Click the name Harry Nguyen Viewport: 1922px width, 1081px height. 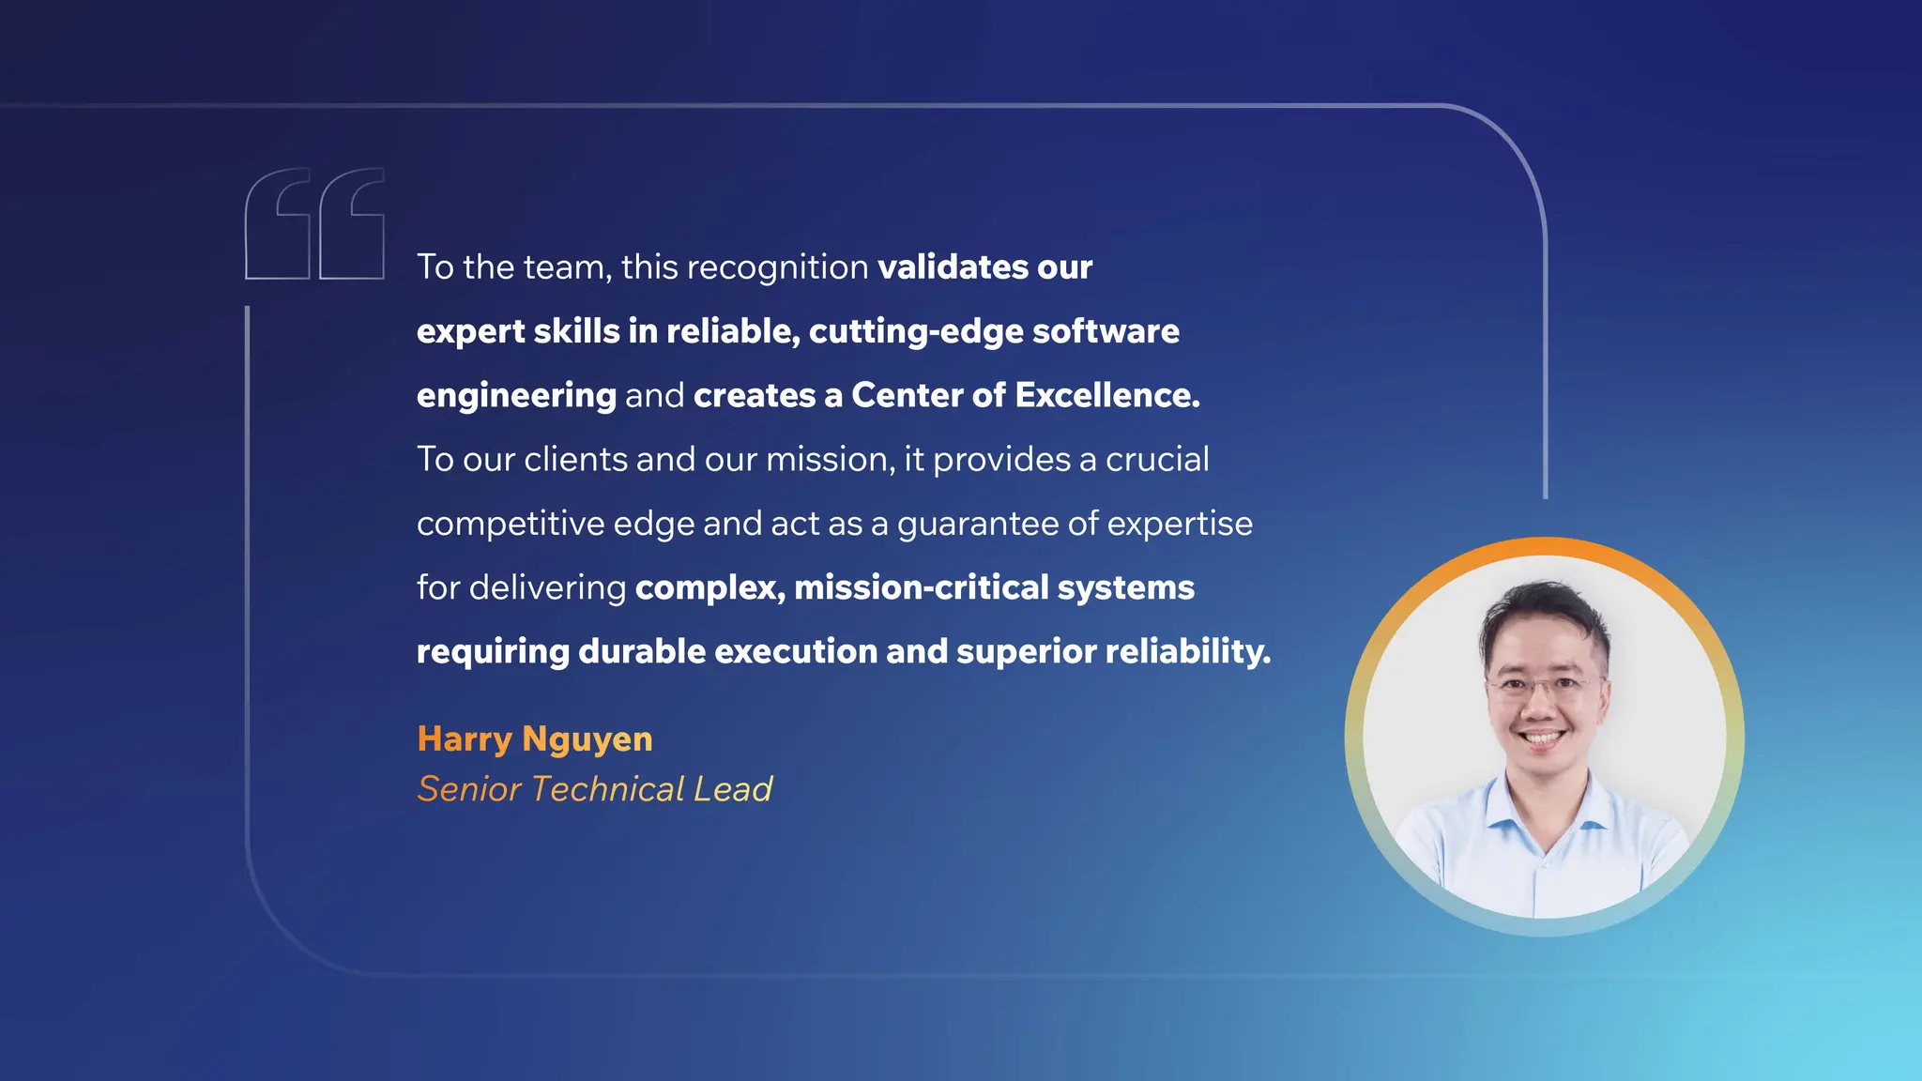535,739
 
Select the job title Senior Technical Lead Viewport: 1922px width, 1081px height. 594,789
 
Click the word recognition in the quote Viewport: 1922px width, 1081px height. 778,267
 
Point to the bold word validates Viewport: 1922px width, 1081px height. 953,267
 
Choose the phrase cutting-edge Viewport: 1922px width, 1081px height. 916,331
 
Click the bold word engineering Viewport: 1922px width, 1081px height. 516,396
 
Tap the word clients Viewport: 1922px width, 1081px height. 575,460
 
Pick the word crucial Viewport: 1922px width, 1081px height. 1157,460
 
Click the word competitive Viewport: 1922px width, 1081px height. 511,524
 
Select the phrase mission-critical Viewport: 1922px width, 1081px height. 921,587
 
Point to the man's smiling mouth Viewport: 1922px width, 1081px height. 1542,738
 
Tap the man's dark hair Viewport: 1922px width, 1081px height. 1544,610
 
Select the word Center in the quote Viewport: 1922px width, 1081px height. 907,395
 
